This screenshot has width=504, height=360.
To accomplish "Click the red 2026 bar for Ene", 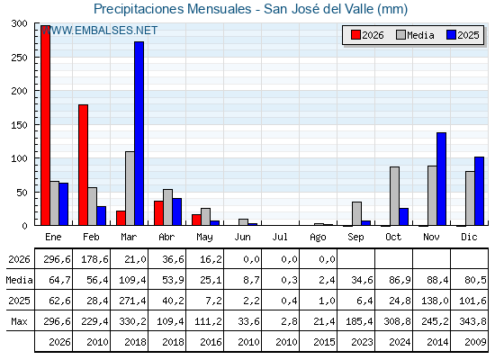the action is coord(45,125).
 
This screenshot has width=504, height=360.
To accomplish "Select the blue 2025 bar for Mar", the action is coord(139,133).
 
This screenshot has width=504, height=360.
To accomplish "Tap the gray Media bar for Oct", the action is coord(395,196).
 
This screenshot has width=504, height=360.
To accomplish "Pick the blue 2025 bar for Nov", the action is coord(441,179).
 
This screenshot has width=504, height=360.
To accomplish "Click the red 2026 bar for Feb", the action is coord(83,165).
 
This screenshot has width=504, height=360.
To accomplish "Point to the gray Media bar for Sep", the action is coord(356,214).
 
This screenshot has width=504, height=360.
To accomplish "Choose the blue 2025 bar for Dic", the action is coord(479,191).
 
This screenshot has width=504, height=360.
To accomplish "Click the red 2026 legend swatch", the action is coord(355,35).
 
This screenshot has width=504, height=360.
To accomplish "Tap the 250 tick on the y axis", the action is coord(19,58).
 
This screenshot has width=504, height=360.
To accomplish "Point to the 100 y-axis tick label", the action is coord(19,158).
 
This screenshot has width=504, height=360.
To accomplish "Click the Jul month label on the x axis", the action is coord(280,238).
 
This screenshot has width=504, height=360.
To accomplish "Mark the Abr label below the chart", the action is coord(166,238).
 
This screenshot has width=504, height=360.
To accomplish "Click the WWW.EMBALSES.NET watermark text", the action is coord(100,31).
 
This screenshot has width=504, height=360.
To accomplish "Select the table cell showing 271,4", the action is coord(132,301).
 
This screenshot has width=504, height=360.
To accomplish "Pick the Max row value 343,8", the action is coord(472,321).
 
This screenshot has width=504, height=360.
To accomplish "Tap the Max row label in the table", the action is coord(19,321).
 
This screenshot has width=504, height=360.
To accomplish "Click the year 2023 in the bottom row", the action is coord(362,342).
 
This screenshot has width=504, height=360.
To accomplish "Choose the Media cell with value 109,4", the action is coord(132,280).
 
